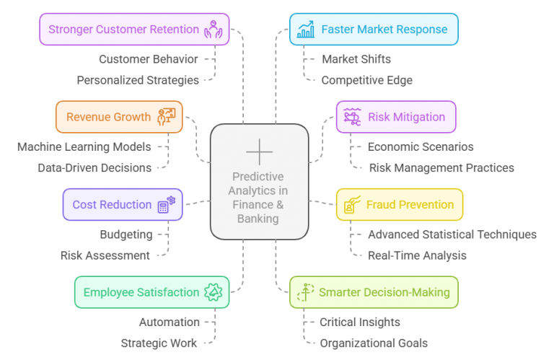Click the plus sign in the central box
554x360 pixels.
(x=260, y=152)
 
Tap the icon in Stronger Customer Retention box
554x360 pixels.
(x=214, y=30)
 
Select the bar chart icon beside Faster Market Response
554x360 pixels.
(x=306, y=30)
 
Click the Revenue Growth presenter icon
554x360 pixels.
(x=167, y=117)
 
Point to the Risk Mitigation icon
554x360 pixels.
(x=352, y=117)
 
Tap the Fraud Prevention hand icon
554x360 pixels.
(x=352, y=205)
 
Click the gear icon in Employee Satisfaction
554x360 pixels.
(x=214, y=292)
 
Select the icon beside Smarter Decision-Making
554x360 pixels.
(x=306, y=292)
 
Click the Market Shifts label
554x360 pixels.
(x=356, y=59)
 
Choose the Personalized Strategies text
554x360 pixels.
(x=138, y=80)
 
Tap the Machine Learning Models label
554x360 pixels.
(x=84, y=146)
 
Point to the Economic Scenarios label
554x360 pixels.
(x=421, y=146)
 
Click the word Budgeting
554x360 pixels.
(x=126, y=234)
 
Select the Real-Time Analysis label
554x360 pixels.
(x=417, y=255)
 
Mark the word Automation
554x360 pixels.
(x=170, y=322)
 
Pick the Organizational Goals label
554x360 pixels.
(x=374, y=343)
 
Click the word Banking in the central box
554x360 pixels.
(x=258, y=219)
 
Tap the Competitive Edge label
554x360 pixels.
(x=366, y=80)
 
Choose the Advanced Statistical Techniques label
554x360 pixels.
(x=452, y=234)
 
